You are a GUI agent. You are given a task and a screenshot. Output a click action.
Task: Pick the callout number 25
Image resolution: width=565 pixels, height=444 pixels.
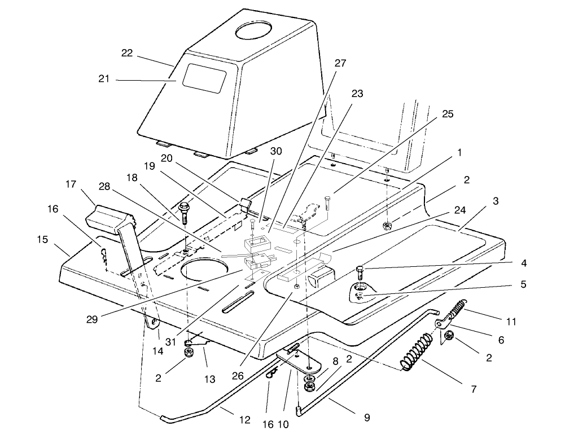coord(447,114)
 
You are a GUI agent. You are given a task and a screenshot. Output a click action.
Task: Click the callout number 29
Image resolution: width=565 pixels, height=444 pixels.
coord(92,319)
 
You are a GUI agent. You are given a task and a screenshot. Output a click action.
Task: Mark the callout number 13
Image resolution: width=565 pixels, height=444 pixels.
coord(210,380)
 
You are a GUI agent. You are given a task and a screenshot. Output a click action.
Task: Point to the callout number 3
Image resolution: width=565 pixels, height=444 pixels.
coord(494,201)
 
